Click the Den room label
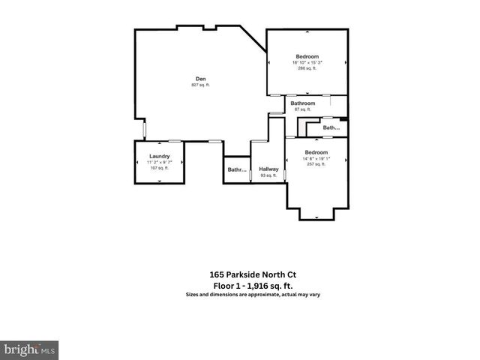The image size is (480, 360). click(201, 79)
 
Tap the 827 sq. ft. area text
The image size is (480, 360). click(201, 85)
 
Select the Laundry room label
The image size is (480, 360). click(158, 156)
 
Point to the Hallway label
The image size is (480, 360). click(268, 169)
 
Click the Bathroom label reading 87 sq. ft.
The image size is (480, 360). click(303, 103)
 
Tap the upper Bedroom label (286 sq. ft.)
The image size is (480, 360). click(307, 57)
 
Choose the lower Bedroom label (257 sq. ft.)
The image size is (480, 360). click(315, 152)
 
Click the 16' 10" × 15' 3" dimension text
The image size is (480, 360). click(307, 62)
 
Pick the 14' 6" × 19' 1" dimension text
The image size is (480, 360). click(315, 158)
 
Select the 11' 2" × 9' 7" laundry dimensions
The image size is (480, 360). click(158, 162)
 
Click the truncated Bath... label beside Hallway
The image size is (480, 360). click(237, 170)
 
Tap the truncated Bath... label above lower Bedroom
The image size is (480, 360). click(331, 128)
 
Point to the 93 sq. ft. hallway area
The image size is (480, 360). click(268, 175)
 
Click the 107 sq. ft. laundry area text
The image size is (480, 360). click(158, 168)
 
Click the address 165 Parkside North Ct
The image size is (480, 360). click(239, 274)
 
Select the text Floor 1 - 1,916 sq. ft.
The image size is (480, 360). click(239, 285)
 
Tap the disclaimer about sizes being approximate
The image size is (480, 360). click(239, 295)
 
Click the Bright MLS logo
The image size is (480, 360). click(30, 349)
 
